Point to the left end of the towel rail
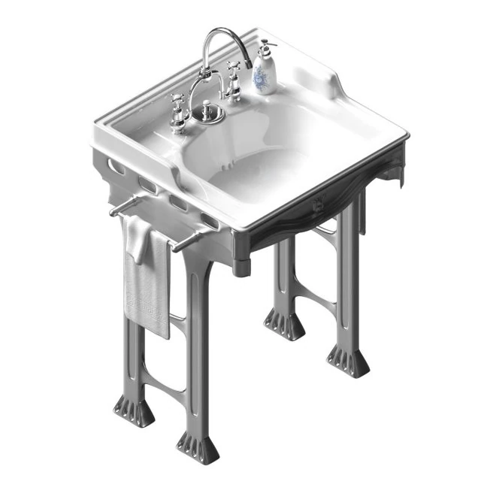[x=114, y=213]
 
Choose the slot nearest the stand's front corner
[x=210, y=222]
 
